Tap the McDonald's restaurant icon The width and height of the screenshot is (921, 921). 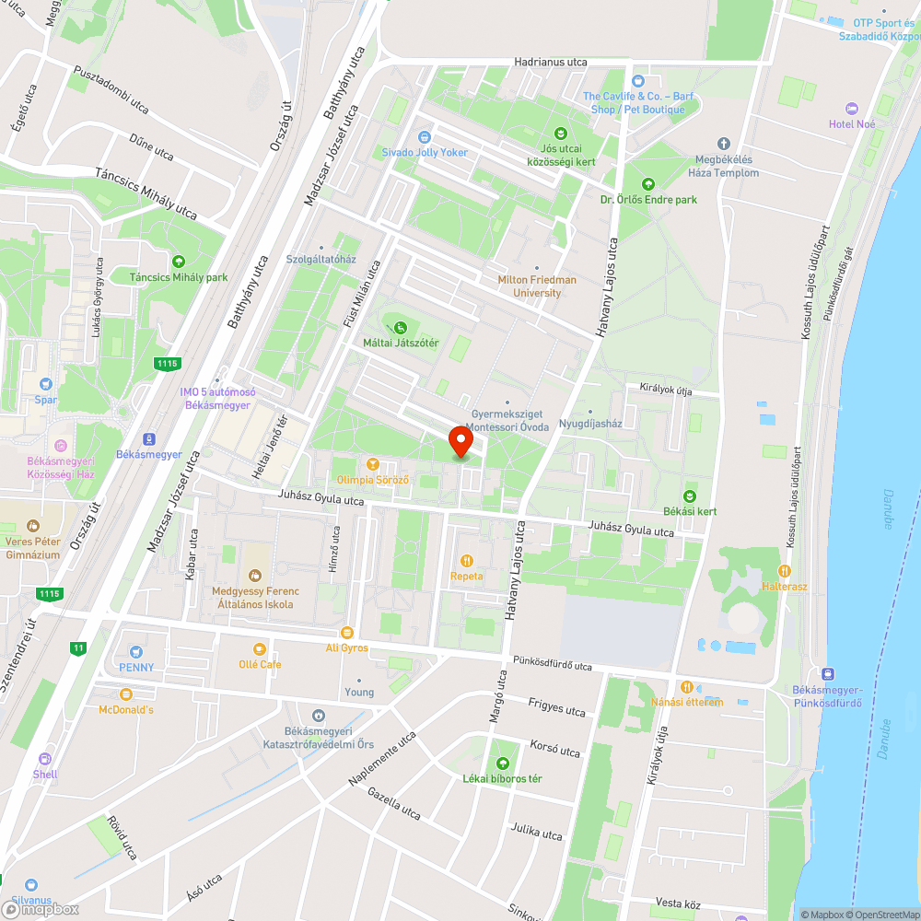pyautogui.click(x=126, y=694)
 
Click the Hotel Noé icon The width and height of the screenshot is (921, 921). pyautogui.click(x=851, y=109)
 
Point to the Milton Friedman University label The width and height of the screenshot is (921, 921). pyautogui.click(x=537, y=286)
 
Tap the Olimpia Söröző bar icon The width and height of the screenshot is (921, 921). pyautogui.click(x=373, y=464)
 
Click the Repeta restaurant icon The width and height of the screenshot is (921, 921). pyautogui.click(x=467, y=560)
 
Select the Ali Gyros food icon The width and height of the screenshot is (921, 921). pyautogui.click(x=346, y=632)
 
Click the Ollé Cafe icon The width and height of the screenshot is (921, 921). pyautogui.click(x=260, y=648)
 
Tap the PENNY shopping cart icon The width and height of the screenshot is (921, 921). pyautogui.click(x=136, y=651)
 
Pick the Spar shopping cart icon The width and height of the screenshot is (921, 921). pyautogui.click(x=45, y=384)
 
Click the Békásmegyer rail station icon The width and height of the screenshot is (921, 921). pyautogui.click(x=148, y=439)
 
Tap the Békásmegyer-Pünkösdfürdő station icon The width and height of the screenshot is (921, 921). pyautogui.click(x=827, y=674)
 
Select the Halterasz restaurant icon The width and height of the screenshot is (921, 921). pyautogui.click(x=785, y=571)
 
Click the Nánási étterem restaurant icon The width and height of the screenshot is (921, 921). pyautogui.click(x=686, y=686)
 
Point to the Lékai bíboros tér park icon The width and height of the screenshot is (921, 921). pyautogui.click(x=502, y=764)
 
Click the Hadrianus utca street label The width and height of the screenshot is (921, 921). pyautogui.click(x=551, y=62)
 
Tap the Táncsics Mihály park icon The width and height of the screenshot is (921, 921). pyautogui.click(x=178, y=262)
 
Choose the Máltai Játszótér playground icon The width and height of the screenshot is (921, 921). pyautogui.click(x=400, y=327)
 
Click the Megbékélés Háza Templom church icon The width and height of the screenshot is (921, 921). pyautogui.click(x=724, y=144)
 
